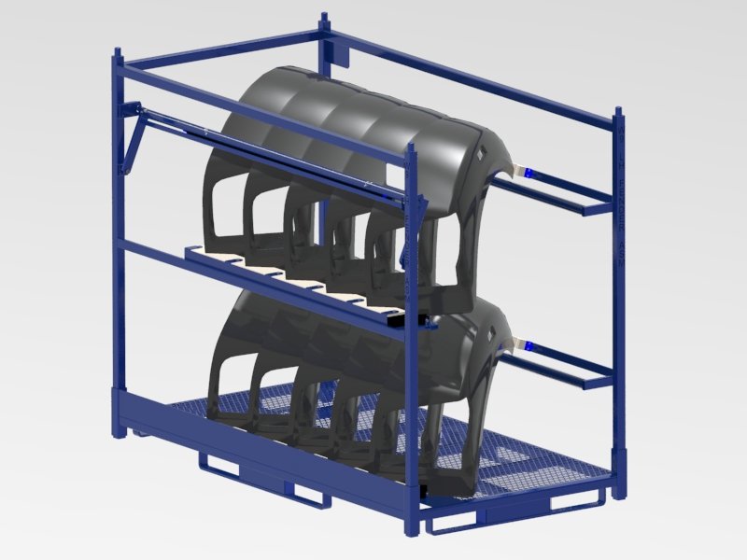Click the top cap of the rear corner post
[x=324, y=17]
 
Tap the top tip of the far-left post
[x=117, y=52]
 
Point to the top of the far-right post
[x=618, y=112]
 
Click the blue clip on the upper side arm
[x=529, y=174]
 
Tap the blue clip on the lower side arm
[x=529, y=345]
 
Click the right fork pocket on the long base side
[x=311, y=495]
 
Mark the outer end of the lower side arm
[x=598, y=383]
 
